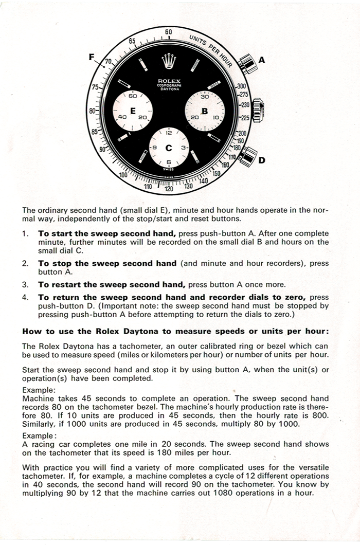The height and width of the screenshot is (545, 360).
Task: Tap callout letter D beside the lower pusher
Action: pos(261,160)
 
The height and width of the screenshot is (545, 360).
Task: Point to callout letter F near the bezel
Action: pos(92,57)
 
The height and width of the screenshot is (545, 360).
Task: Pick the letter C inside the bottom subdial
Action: pos(168,148)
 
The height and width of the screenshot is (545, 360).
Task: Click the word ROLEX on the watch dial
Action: pos(168,80)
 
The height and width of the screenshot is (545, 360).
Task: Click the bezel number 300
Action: pos(242,86)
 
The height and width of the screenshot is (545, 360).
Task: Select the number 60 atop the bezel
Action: pos(168,32)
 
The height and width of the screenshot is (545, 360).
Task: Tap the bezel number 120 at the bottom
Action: pos(168,189)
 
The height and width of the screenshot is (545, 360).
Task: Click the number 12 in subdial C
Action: pos(168,133)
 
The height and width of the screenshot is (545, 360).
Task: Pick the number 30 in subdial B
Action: pos(204,96)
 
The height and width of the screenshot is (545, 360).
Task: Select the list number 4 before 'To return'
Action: pos(26,297)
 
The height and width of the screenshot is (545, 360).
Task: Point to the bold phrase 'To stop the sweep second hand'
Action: pos(107,263)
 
